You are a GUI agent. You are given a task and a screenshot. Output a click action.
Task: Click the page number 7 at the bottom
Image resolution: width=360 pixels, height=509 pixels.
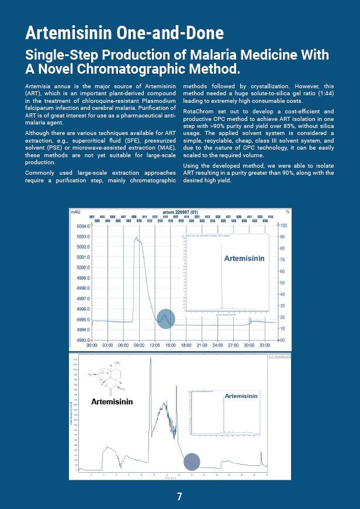[x=179, y=497]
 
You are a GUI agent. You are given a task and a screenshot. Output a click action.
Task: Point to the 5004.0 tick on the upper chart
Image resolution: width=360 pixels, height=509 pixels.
[x=82, y=226]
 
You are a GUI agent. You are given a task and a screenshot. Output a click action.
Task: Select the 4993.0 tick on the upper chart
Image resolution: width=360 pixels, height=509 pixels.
[x=82, y=340]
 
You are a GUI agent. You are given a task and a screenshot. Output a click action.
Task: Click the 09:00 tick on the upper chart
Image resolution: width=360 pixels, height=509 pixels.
[x=139, y=345]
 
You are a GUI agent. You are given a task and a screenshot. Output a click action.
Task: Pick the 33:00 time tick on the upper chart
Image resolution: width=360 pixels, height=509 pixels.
[x=265, y=345]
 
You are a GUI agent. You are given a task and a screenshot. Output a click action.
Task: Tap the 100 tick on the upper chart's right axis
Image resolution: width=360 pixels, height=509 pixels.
[x=283, y=226]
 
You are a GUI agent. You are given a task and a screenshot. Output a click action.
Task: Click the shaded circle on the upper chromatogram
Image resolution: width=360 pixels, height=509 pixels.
[x=166, y=318]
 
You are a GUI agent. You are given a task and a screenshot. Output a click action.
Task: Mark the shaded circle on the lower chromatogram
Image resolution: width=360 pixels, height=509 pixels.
[x=192, y=462]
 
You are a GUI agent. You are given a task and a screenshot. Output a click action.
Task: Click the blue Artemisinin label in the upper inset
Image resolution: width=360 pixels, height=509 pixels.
[x=244, y=258]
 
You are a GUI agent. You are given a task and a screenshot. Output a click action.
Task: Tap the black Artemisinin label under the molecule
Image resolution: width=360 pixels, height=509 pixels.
[x=112, y=401]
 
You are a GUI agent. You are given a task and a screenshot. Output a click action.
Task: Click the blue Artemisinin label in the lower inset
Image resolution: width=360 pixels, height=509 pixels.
[x=241, y=396]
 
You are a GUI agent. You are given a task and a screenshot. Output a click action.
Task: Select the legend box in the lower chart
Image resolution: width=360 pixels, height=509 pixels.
[x=279, y=355]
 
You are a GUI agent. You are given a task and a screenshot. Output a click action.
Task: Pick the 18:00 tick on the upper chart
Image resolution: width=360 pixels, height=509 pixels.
[x=186, y=345]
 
